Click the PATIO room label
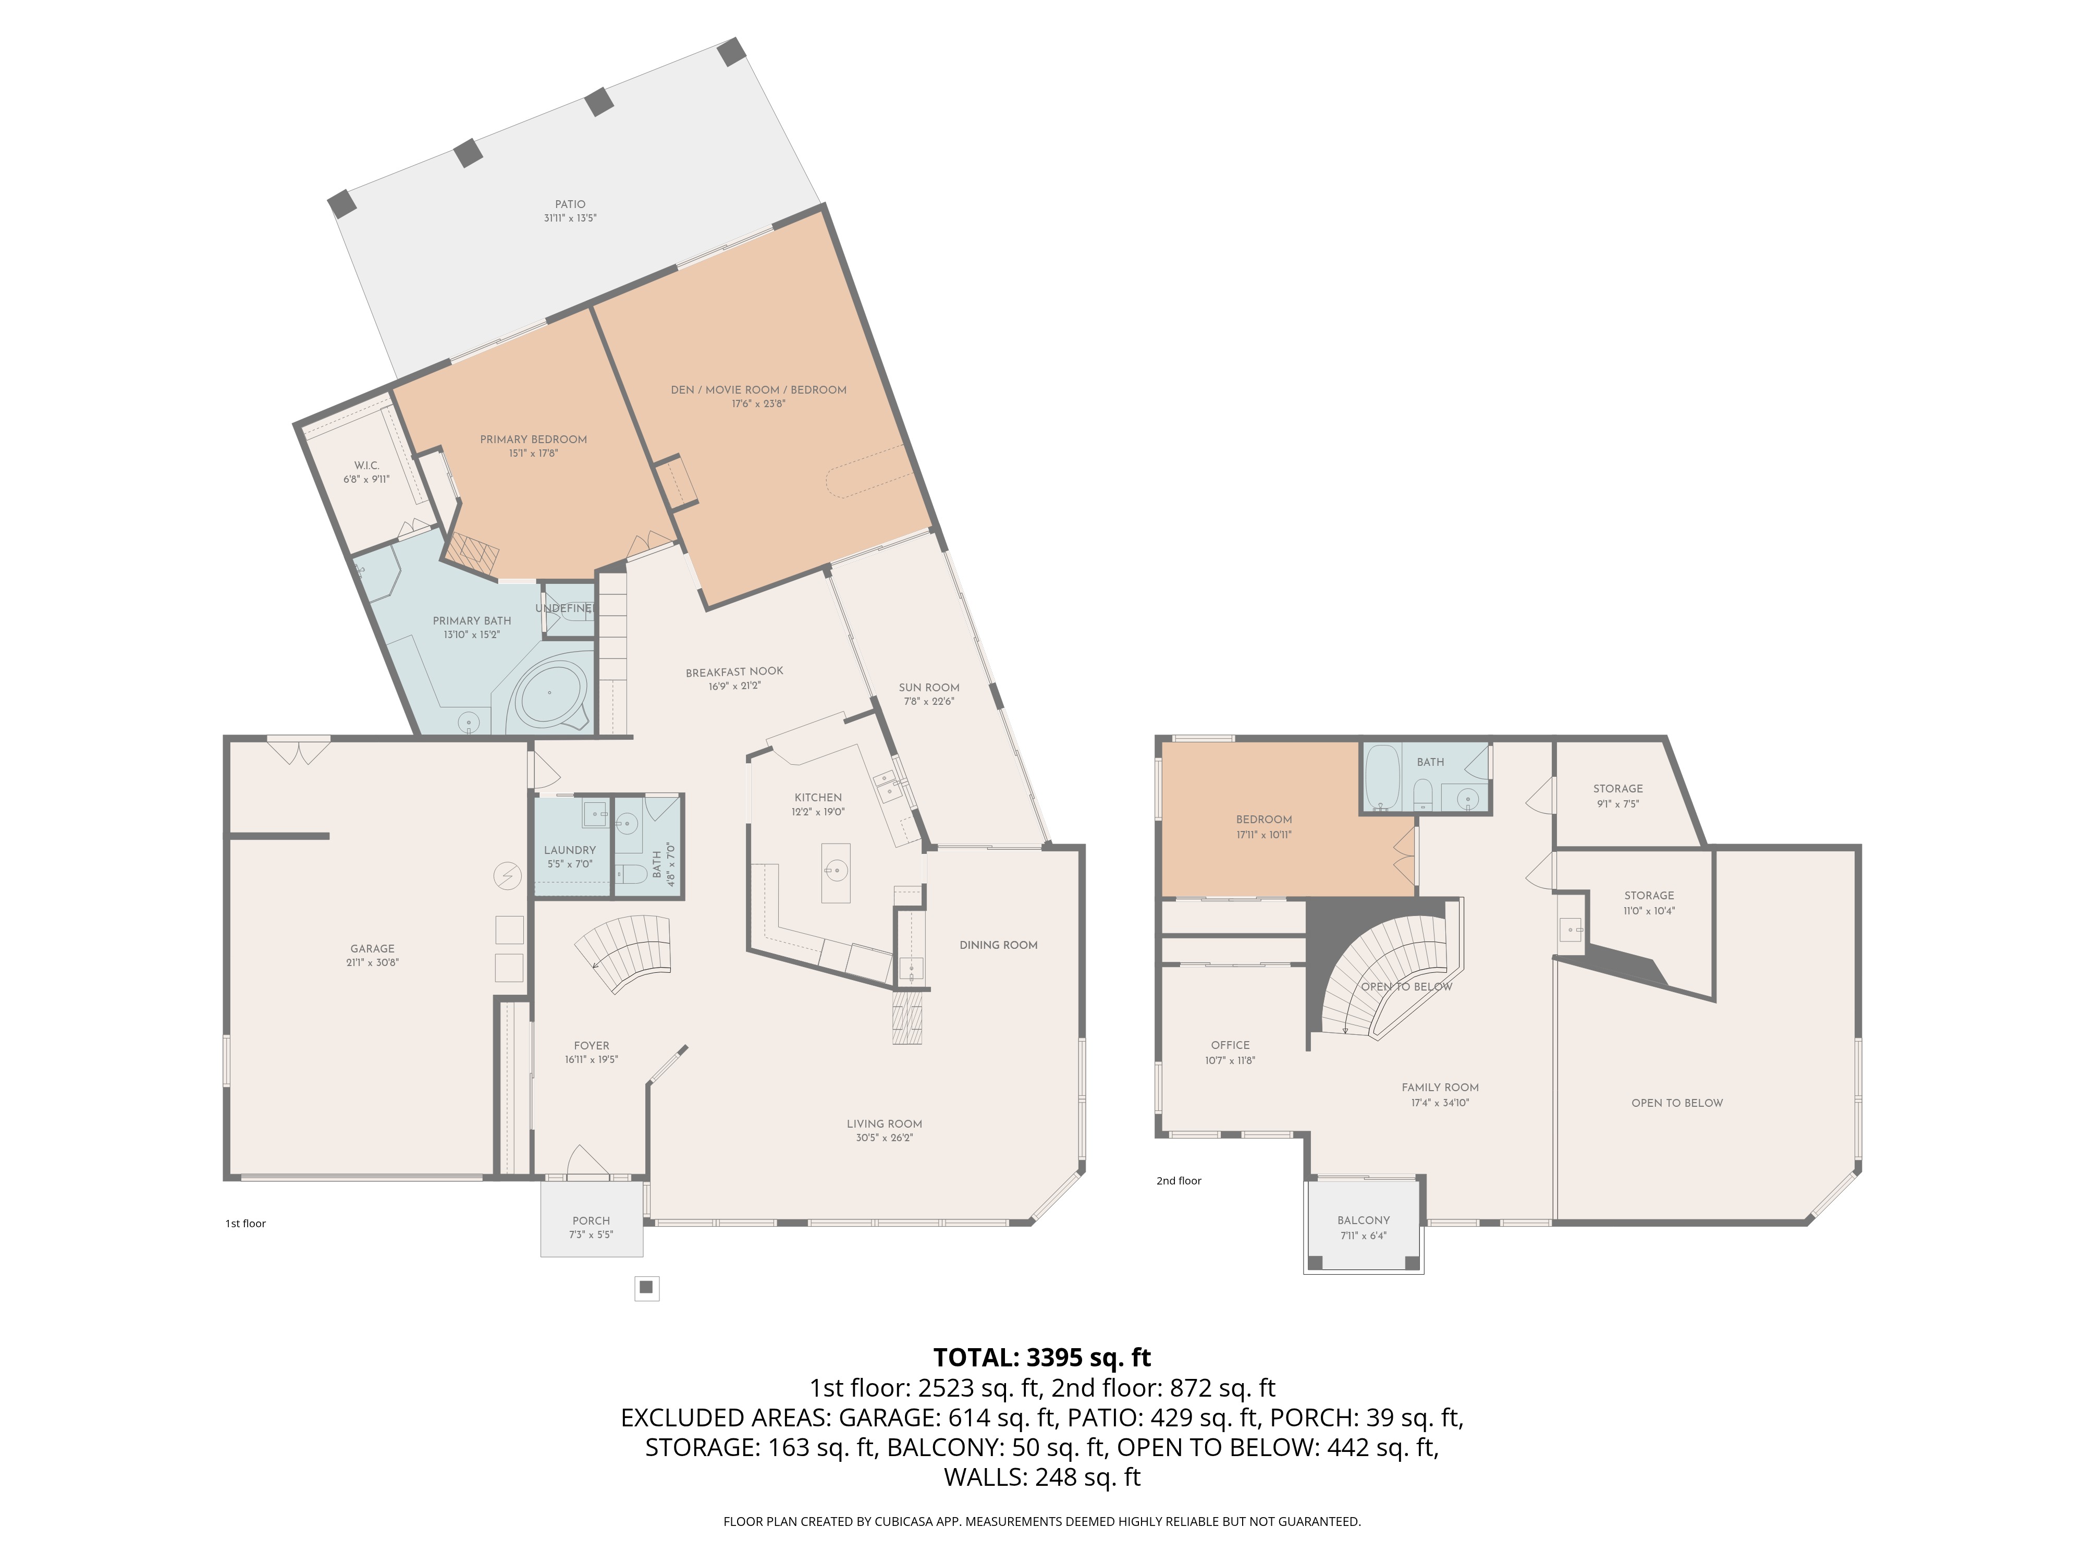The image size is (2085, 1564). coord(570,204)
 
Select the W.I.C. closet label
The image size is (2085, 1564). coord(366,466)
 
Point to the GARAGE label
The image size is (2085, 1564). coord(372,948)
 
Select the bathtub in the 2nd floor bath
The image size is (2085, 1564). coord(1384,778)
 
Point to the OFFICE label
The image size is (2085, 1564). coord(1230,1045)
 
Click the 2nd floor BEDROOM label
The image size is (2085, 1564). coord(1264,819)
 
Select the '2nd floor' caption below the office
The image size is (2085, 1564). coord(1179,1180)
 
